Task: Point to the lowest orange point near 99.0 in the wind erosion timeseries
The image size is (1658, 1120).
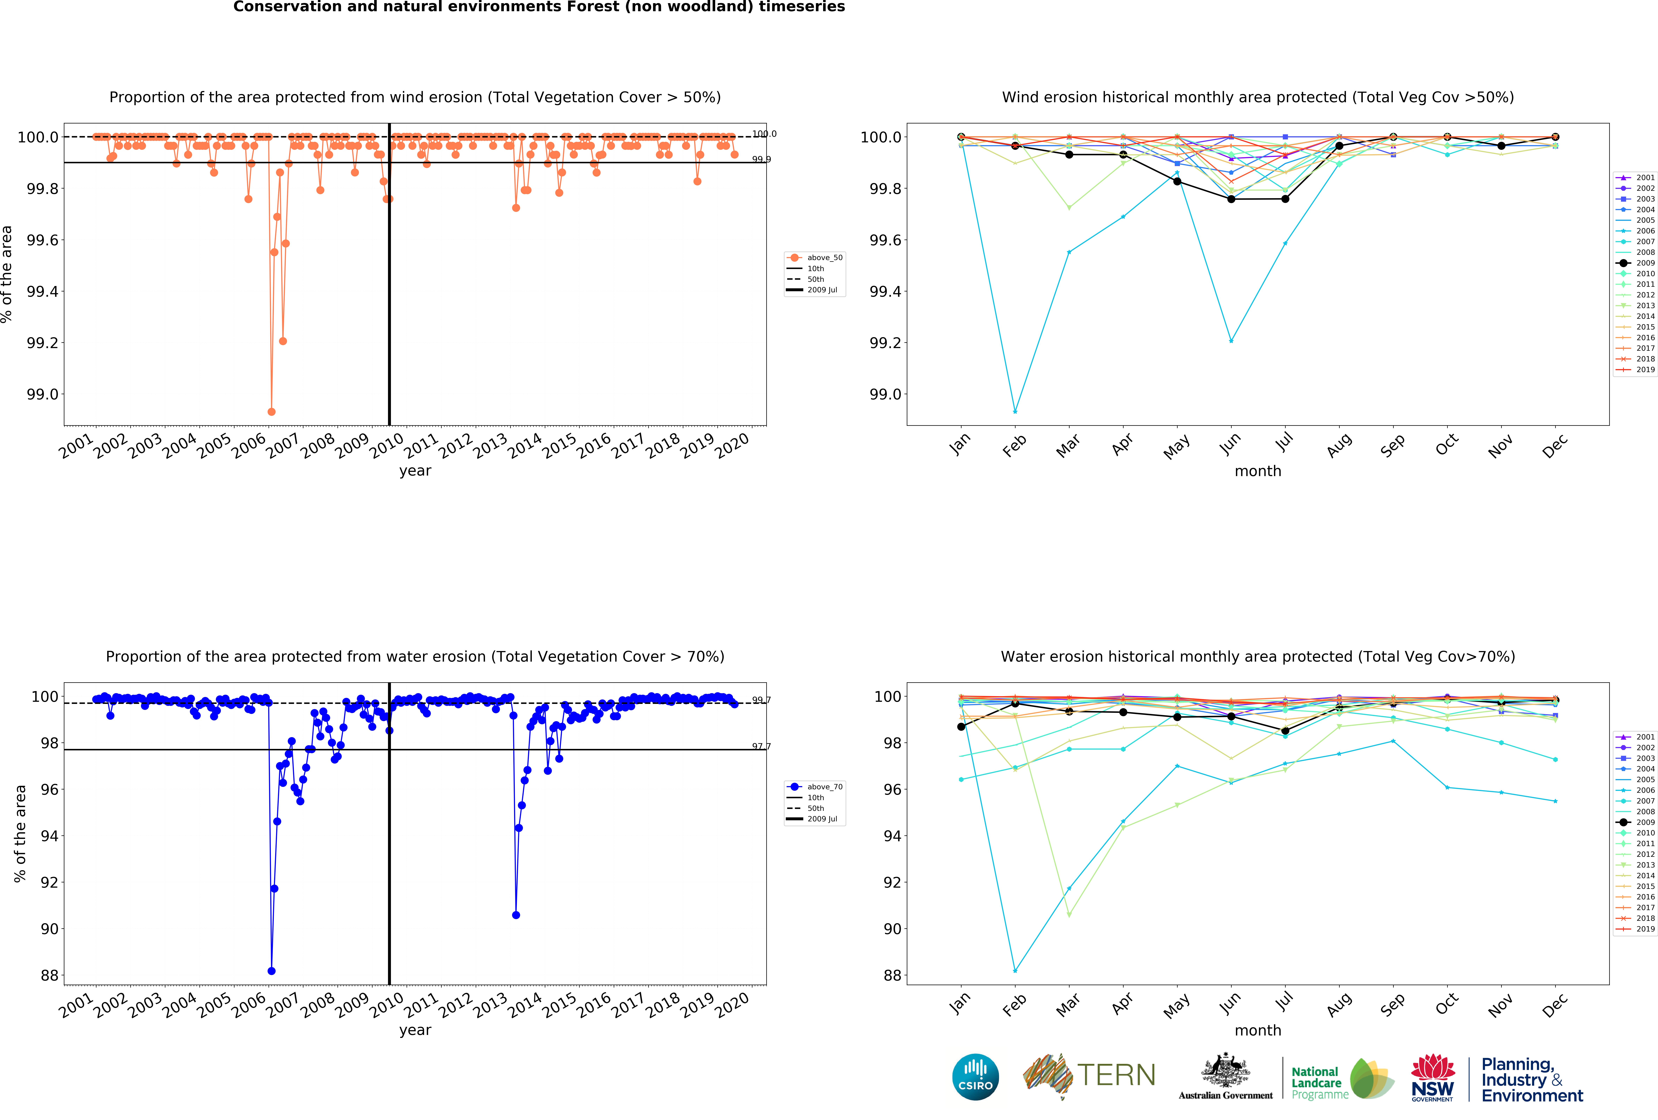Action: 271,412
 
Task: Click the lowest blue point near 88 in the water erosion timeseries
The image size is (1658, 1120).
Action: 271,971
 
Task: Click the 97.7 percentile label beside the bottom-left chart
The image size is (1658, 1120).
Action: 761,746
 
